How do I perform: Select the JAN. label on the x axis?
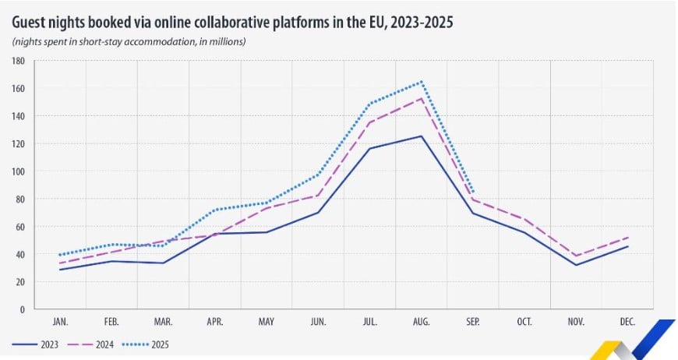[60, 321]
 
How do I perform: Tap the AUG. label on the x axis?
[422, 321]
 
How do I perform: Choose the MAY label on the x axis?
[267, 321]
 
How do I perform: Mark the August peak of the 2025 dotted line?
[422, 81]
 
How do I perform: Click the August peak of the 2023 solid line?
[422, 136]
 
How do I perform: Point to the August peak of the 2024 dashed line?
[422, 98]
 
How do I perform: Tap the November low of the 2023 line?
[577, 265]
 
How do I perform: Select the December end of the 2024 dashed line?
[628, 237]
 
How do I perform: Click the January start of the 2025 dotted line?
[60, 255]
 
